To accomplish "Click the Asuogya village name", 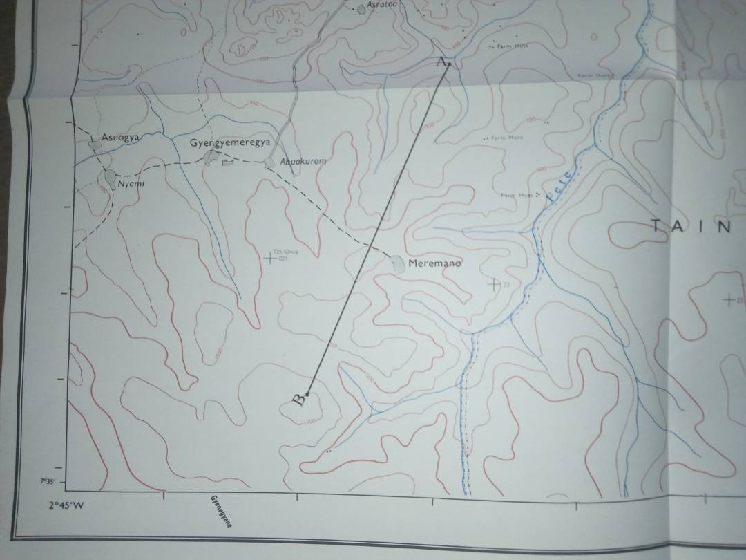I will pos(120,138).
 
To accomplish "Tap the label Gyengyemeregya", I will pos(229,143).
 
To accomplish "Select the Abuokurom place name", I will pos(303,161).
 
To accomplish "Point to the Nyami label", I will pos(131,183).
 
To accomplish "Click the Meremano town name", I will pos(434,263).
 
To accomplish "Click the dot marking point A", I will pos(449,64).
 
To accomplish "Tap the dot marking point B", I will pos(307,395).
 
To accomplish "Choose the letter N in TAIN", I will pos(724,227).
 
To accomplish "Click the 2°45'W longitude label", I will pos(66,505).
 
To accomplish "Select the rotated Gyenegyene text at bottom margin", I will pos(220,511).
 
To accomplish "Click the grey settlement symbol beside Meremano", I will pos(399,263).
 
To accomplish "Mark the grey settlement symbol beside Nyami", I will pos(111,180).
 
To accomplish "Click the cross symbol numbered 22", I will pos(493,284).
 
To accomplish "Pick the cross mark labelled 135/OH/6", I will pos(269,259).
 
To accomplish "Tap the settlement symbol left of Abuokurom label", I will pos(269,162).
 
